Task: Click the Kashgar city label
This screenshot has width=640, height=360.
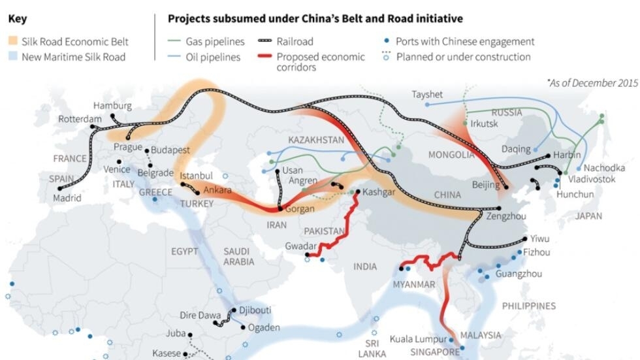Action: [x=379, y=192]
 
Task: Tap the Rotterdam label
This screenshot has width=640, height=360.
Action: [x=80, y=119]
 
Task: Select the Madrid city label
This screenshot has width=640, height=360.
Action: [x=67, y=198]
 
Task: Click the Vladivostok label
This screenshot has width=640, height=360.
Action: [x=592, y=178]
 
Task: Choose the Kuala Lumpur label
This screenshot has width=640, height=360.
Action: [x=419, y=339]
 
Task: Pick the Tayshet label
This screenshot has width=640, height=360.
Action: [x=427, y=94]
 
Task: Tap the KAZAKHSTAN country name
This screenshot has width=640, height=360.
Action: [x=316, y=140]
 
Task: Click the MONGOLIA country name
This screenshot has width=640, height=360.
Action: [x=451, y=155]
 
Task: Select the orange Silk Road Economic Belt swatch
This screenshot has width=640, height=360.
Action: [x=14, y=41]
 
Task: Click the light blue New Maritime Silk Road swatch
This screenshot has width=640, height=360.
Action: [x=14, y=57]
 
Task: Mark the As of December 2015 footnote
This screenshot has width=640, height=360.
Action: [x=592, y=83]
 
